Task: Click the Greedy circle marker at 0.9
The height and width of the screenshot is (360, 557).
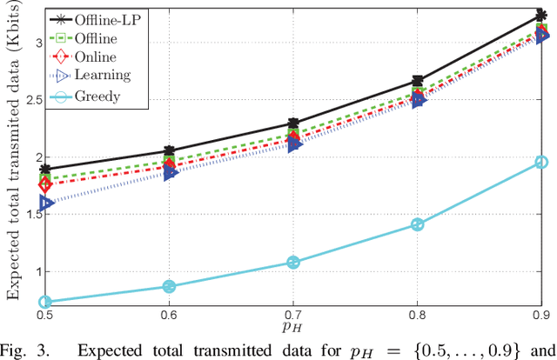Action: tap(541, 163)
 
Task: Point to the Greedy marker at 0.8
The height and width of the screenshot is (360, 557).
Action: tap(417, 224)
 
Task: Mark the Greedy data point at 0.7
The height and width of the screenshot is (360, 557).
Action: tap(293, 262)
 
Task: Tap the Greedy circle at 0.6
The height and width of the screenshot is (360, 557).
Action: tap(169, 286)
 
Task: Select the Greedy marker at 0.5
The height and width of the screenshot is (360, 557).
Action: tap(45, 302)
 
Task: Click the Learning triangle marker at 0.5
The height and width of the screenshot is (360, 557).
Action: tap(45, 203)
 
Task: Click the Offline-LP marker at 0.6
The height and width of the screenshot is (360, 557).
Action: tap(169, 151)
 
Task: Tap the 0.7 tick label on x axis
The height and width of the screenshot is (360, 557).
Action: tap(293, 315)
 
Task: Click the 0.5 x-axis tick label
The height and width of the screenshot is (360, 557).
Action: tap(45, 315)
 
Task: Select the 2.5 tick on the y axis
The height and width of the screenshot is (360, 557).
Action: tap(26, 99)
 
